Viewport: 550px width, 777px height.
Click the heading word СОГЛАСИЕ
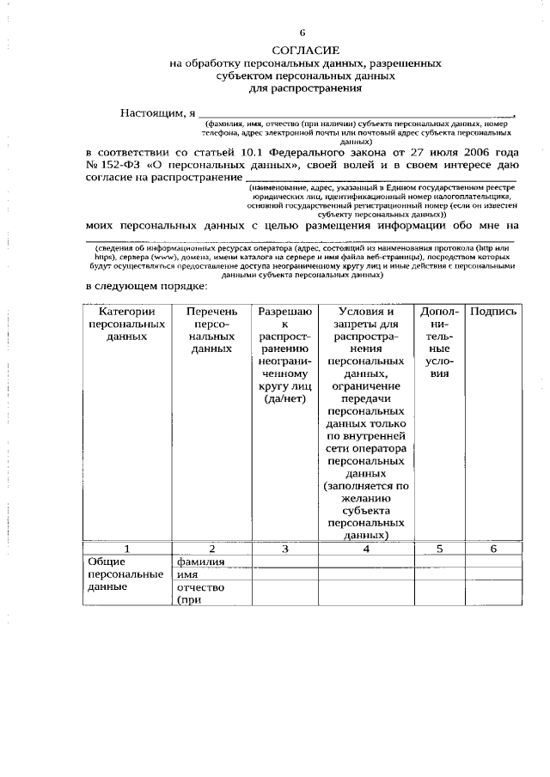(307, 52)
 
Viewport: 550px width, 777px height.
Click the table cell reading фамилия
(200, 562)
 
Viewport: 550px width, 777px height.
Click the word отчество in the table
(200, 587)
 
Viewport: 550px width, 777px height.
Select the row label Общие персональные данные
(125, 574)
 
